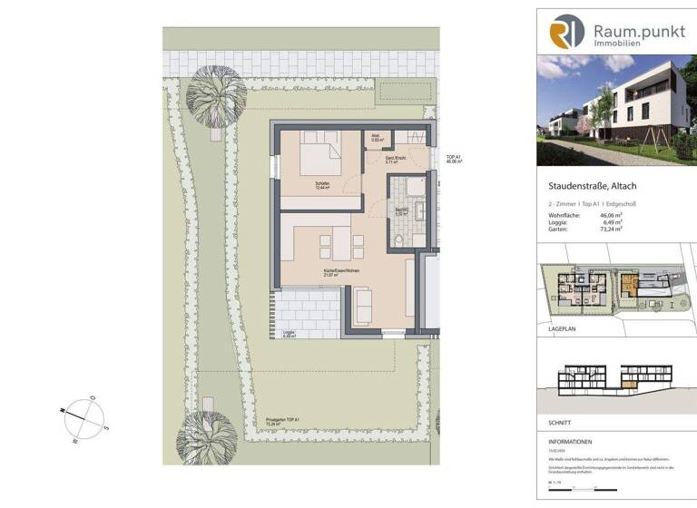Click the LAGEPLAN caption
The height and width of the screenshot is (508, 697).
(555, 333)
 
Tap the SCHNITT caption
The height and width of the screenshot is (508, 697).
(552, 423)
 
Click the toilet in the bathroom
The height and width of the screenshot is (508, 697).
(400, 240)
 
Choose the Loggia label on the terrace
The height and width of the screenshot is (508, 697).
(290, 333)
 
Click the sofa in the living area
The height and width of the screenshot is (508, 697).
(361, 307)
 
